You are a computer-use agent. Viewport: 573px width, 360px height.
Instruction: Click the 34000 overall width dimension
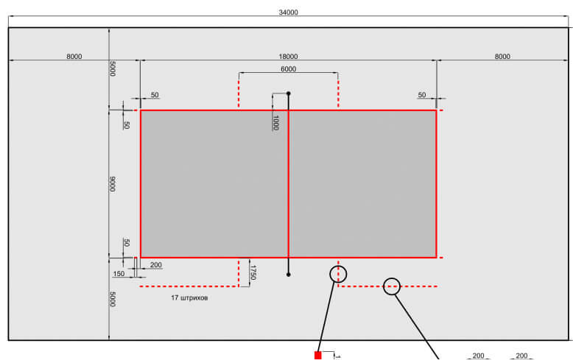[288, 13]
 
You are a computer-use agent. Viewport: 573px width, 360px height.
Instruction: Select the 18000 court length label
[288, 57]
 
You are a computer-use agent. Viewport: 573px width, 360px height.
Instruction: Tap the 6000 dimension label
[288, 69]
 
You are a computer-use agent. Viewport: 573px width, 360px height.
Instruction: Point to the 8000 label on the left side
[74, 57]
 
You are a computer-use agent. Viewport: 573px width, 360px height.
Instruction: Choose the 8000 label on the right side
[502, 57]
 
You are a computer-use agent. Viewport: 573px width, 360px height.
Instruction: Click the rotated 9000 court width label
[113, 184]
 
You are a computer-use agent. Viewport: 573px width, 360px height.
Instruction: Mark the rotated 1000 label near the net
[276, 123]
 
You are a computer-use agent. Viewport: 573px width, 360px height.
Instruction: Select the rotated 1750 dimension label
[253, 272]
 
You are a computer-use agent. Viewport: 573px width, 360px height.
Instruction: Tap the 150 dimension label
[119, 274]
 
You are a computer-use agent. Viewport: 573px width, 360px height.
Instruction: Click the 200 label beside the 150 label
[156, 265]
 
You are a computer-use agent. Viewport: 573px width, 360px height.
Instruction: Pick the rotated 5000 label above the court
[113, 68]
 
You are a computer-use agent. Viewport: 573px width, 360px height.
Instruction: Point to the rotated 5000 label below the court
[113, 300]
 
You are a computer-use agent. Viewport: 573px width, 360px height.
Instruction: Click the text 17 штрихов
[189, 298]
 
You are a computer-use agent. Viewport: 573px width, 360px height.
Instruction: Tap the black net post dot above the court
[288, 93]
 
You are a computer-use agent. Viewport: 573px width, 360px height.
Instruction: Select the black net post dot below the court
[288, 275]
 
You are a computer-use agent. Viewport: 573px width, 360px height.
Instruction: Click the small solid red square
[318, 356]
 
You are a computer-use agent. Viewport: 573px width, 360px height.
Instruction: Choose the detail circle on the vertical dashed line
[338, 266]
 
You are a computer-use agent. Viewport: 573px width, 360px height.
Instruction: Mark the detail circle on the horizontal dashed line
[391, 278]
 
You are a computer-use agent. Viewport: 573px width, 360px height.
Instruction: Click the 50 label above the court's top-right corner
[422, 95]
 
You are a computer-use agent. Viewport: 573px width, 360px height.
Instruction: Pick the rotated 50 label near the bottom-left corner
[127, 243]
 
